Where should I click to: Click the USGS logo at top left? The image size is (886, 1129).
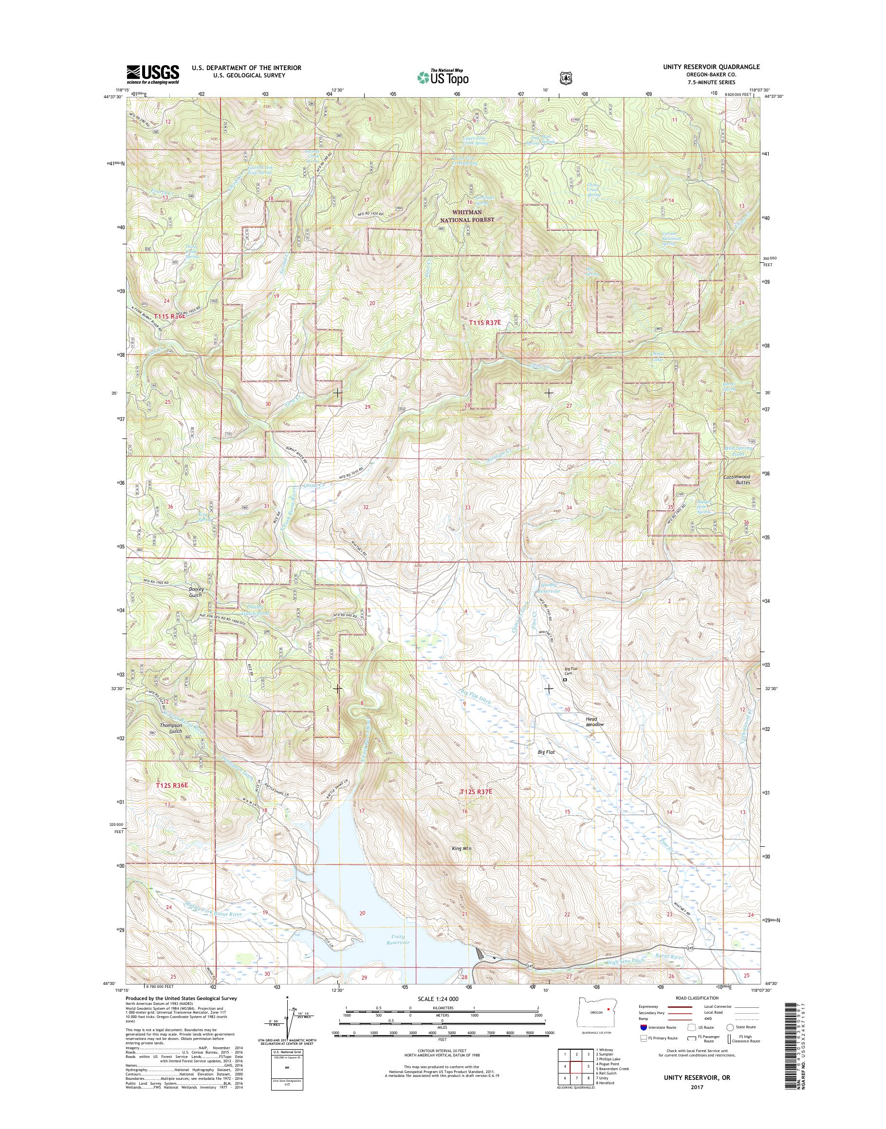click(x=153, y=74)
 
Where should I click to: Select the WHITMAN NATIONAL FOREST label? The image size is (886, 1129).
click(x=467, y=216)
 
